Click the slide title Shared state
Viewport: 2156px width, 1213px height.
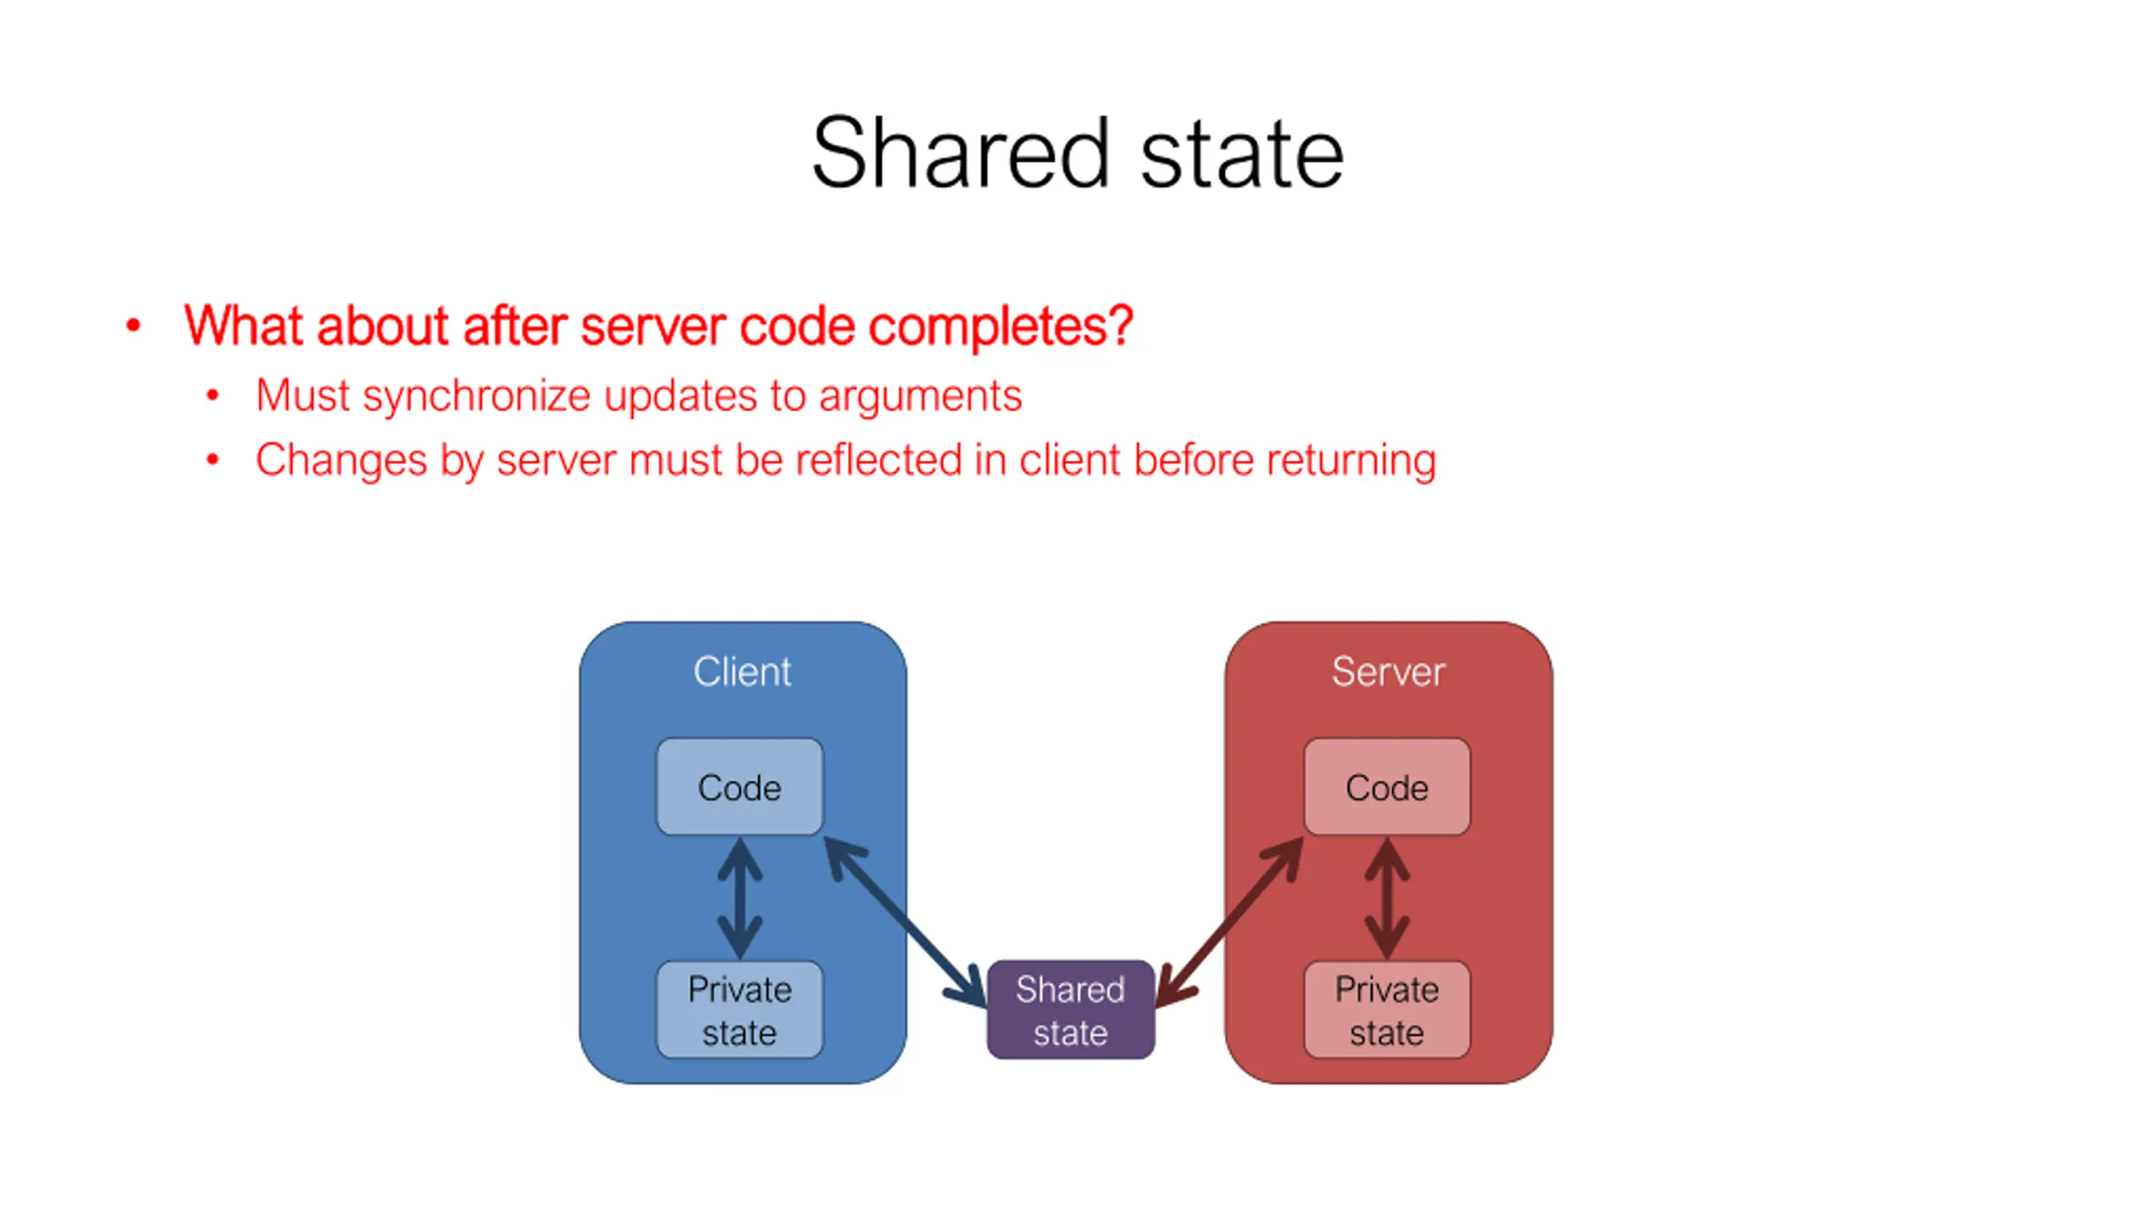1077,153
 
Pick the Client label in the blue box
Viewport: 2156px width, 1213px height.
742,671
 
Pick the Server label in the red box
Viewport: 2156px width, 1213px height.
1388,671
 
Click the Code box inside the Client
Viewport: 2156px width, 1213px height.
739,788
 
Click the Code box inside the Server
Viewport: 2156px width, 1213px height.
1387,788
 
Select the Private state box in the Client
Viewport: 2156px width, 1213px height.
739,1010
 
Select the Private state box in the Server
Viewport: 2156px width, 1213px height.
1387,1010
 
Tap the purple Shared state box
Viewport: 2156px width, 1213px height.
1070,1010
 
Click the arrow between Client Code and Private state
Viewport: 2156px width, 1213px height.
739,898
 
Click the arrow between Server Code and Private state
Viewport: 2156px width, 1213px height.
1387,898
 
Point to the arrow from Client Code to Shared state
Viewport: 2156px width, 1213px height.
905,922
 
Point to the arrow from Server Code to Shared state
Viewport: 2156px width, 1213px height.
1230,922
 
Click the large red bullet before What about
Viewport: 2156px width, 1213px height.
133,325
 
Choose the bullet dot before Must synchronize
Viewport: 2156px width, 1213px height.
212,395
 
